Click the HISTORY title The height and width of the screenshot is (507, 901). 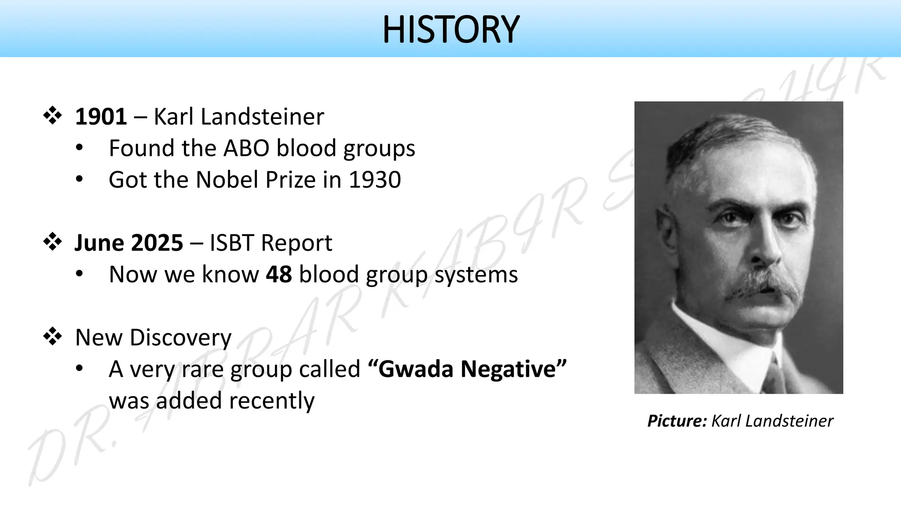(x=450, y=29)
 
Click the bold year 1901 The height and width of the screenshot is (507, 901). (x=101, y=117)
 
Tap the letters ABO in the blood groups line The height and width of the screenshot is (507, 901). (x=246, y=148)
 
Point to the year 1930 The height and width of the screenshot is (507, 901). (x=375, y=180)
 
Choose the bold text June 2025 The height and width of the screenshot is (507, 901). (x=128, y=243)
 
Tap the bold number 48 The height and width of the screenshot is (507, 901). (x=278, y=275)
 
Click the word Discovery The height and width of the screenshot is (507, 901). (x=180, y=338)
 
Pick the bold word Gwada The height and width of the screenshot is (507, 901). (x=416, y=369)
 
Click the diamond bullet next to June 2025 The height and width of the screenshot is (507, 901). (x=52, y=242)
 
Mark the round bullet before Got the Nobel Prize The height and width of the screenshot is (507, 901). (x=79, y=179)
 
